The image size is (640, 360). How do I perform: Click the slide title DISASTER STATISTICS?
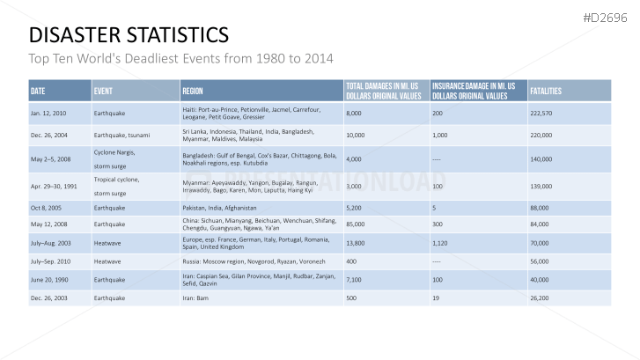coord(129,35)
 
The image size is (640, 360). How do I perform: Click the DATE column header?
coord(38,91)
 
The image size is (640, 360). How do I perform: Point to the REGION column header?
coord(193,91)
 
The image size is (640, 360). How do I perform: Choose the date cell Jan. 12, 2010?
coord(48,114)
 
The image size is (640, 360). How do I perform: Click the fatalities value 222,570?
coord(541,114)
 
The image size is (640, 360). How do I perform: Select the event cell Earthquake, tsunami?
coord(121,136)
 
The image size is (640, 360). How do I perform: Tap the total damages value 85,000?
coord(356,223)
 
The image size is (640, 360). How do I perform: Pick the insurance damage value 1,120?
coord(441,242)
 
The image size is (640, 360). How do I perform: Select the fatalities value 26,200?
coord(540,298)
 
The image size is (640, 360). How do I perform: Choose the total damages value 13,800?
coord(356,242)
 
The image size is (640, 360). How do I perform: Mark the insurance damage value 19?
coord(436,298)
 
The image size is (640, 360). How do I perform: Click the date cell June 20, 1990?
coord(49,279)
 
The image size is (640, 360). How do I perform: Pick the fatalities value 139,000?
coord(541,187)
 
